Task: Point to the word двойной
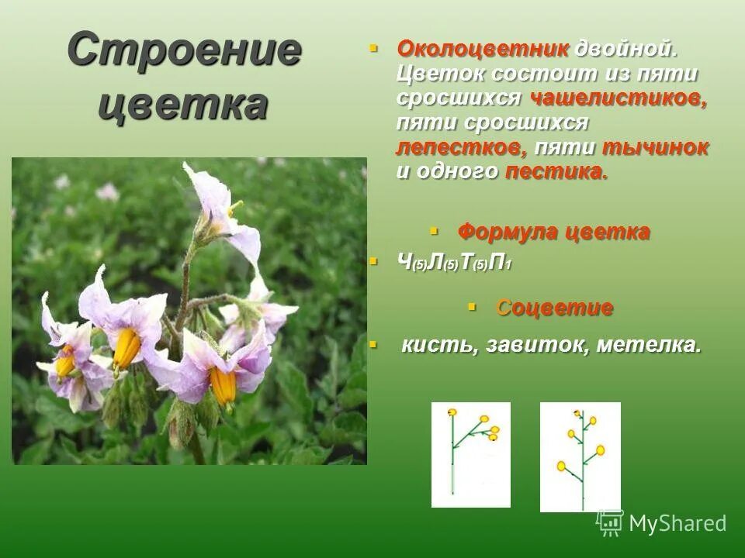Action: (626, 50)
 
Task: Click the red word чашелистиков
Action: (619, 99)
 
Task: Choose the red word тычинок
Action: (655, 148)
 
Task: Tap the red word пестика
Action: (556, 172)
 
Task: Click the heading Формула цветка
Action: (553, 232)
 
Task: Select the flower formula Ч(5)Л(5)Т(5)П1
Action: (453, 263)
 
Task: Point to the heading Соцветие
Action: (554, 308)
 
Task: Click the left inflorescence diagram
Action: (471, 455)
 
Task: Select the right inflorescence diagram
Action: (580, 456)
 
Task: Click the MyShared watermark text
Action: (677, 523)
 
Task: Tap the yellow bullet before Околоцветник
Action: (372, 48)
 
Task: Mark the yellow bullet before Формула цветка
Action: (435, 231)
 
